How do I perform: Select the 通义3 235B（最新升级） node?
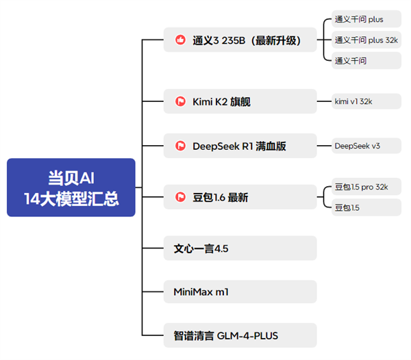[x=240, y=40]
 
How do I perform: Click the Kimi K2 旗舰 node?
[x=240, y=101]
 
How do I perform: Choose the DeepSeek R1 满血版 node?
[x=240, y=145]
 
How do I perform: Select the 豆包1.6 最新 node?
[x=240, y=197]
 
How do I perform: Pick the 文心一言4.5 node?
[x=240, y=248]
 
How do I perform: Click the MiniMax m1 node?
[x=240, y=292]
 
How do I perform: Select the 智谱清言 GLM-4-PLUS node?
[x=240, y=335]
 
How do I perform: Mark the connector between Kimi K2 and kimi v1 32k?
[x=324, y=101]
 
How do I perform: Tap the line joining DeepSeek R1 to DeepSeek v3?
[x=324, y=145]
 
